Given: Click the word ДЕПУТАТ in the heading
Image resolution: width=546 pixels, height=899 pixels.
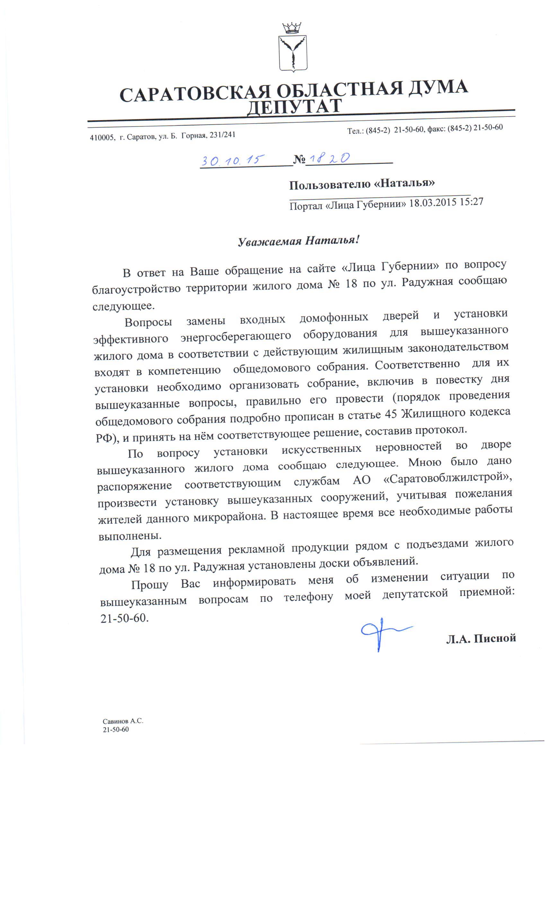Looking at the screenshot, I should pyautogui.click(x=294, y=107).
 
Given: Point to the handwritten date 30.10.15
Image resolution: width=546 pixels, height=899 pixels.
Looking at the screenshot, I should pyautogui.click(x=233, y=160).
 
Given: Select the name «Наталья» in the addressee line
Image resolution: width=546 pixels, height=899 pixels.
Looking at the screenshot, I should pyautogui.click(x=404, y=183).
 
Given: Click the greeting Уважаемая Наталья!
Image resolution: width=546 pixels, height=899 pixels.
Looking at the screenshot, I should pyautogui.click(x=299, y=241).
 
